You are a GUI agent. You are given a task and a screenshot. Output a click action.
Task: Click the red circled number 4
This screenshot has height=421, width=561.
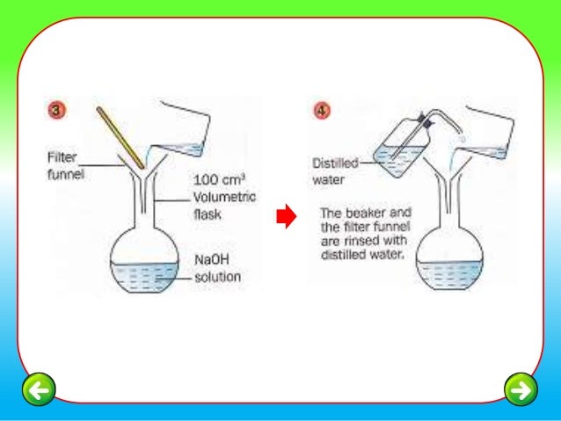[322, 112]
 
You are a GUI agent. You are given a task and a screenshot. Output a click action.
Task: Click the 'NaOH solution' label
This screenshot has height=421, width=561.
[215, 268]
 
